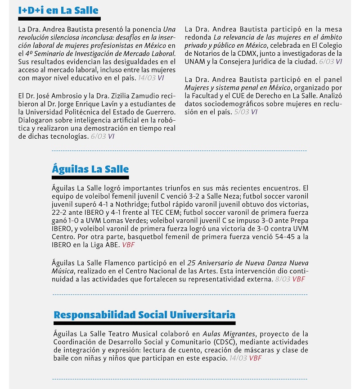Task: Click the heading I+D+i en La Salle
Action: pos(58,10)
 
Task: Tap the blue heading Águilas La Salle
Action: pos(90,169)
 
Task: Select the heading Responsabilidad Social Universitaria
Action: pos(144,314)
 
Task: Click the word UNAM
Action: pos(195,61)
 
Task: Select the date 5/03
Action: pos(242,112)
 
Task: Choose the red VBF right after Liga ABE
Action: pos(128,245)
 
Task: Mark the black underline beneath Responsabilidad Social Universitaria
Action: pos(144,323)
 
